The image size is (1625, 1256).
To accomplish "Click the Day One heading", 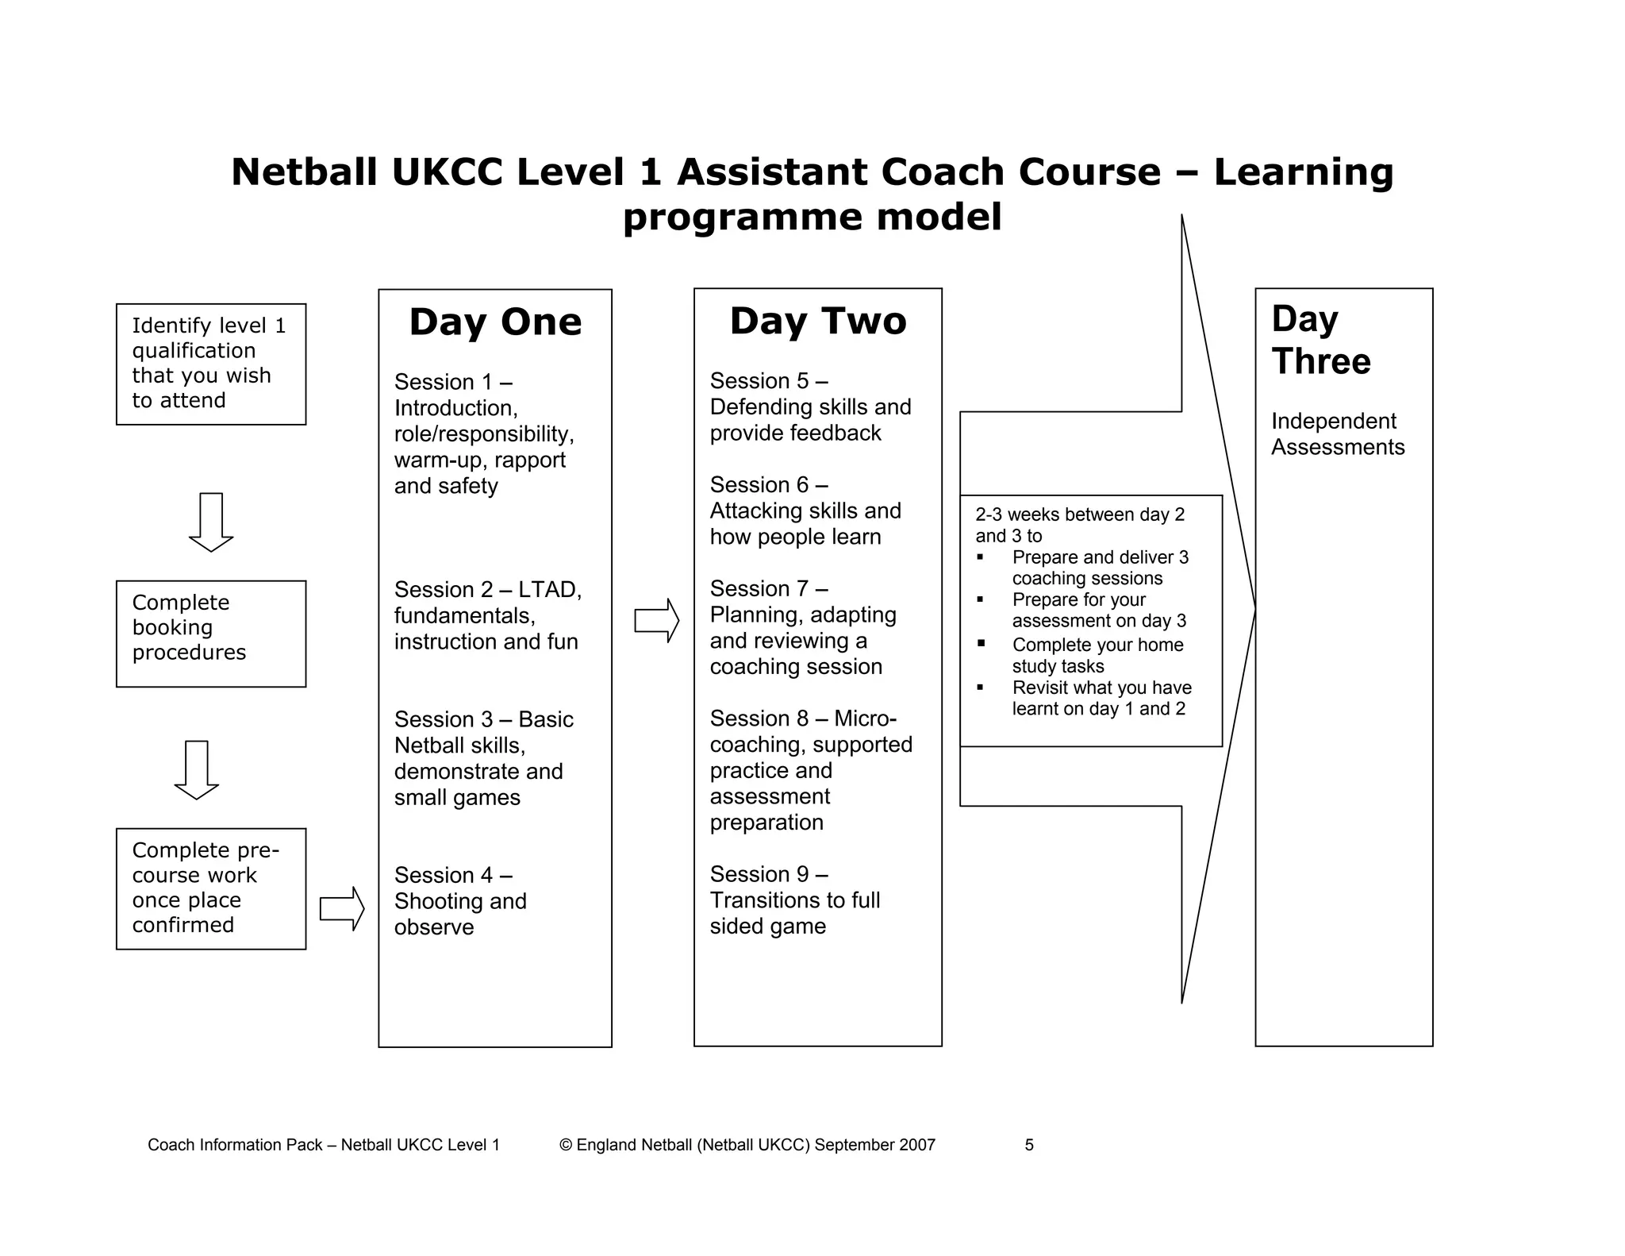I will pyautogui.click(x=495, y=322).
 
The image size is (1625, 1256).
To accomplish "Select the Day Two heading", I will pyautogui.click(x=817, y=322).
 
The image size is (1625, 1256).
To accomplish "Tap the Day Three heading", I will pyautogui.click(x=1320, y=340).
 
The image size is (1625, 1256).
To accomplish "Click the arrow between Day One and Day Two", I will pyautogui.click(x=656, y=620).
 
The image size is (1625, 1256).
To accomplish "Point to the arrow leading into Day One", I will pyautogui.click(x=341, y=908).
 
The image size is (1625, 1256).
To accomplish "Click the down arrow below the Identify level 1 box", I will pyautogui.click(x=211, y=522).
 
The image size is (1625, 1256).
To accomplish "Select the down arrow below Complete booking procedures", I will pyautogui.click(x=197, y=769).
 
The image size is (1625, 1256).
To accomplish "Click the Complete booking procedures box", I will pyautogui.click(x=211, y=634).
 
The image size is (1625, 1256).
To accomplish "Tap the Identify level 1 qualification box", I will pyautogui.click(x=211, y=364).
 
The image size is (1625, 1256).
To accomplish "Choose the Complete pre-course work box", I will pyautogui.click(x=211, y=888).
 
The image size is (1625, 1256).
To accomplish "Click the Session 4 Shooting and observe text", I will pyautogui.click(x=460, y=901).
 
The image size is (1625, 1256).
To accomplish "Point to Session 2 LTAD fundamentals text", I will pyautogui.click(x=487, y=615).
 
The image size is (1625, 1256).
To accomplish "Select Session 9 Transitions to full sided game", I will pyautogui.click(x=794, y=900).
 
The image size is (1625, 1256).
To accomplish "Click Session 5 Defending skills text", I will pyautogui.click(x=809, y=406).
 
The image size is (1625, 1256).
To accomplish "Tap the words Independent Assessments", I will pyautogui.click(x=1337, y=434).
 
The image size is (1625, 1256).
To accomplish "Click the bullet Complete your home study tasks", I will pyautogui.click(x=1097, y=655).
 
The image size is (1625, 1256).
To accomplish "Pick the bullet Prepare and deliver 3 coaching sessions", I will pyautogui.click(x=1100, y=568).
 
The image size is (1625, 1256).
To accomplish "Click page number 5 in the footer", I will pyautogui.click(x=1029, y=1145).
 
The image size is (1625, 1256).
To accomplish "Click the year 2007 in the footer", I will pyautogui.click(x=917, y=1145).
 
